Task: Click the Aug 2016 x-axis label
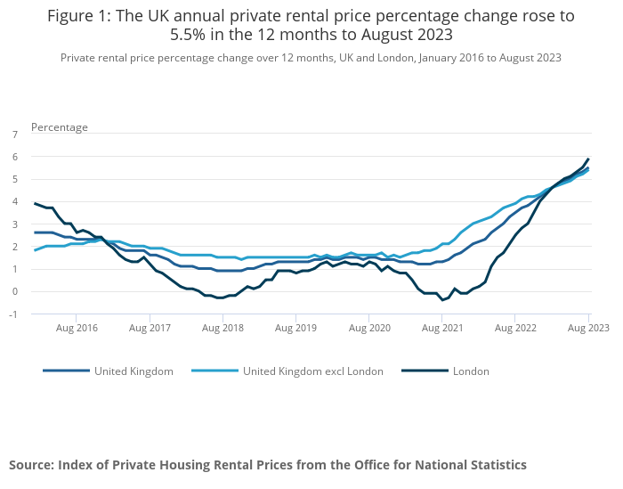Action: (76, 328)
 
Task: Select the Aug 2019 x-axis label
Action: (295, 328)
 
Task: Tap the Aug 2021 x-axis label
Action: (442, 328)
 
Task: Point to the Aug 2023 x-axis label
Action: (588, 328)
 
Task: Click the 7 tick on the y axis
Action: (14, 134)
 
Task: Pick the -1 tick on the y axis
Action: (13, 314)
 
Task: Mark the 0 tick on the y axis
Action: (14, 291)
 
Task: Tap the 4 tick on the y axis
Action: (14, 201)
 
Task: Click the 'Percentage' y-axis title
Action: (60, 127)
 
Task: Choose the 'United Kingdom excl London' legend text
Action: (313, 371)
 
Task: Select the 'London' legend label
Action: (471, 371)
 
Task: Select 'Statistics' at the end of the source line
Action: (493, 465)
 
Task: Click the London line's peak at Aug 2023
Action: (588, 159)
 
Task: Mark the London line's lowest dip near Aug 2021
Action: (442, 300)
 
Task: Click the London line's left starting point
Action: (35, 203)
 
